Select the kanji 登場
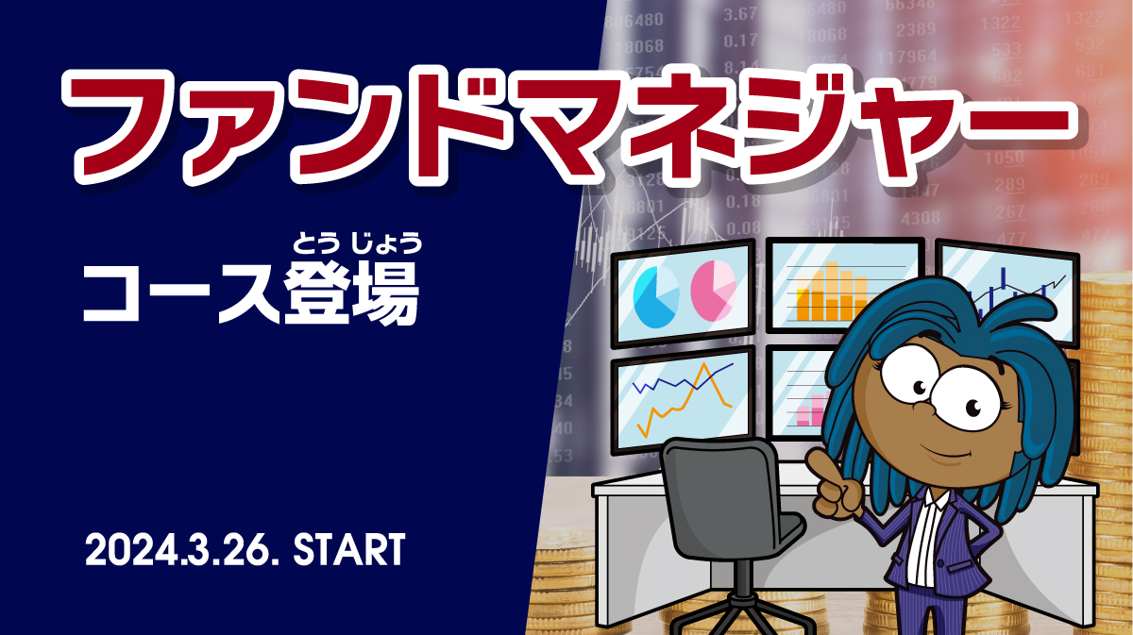[351, 294]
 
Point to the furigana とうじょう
[357, 242]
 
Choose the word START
[349, 549]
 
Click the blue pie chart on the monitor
[656, 297]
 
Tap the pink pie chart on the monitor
[713, 291]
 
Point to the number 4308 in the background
[921, 218]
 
